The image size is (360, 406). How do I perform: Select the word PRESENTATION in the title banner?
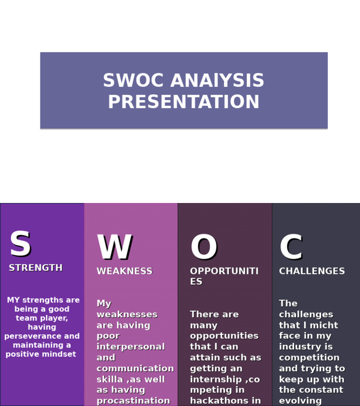tap(183, 103)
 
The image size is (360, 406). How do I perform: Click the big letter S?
tap(20, 244)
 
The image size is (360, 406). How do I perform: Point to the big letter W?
tap(114, 248)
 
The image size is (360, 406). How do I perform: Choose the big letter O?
tap(203, 248)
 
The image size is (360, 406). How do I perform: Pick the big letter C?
tap(291, 248)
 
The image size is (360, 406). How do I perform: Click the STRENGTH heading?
tap(36, 268)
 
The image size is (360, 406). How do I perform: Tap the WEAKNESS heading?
tap(124, 271)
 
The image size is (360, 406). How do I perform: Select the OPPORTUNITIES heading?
tap(224, 276)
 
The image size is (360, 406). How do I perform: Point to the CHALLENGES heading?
tap(312, 271)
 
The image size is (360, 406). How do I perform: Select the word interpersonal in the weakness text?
tap(130, 347)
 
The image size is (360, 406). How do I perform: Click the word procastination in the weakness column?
tap(133, 401)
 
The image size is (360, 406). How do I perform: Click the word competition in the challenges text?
tap(309, 358)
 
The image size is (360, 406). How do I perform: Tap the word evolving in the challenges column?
tap(300, 401)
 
